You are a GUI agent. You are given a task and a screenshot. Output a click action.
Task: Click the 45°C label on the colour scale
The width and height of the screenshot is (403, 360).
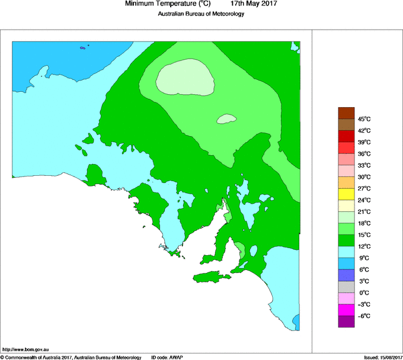(364, 119)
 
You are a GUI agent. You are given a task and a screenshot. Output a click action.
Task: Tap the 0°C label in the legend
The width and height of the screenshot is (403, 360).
(364, 293)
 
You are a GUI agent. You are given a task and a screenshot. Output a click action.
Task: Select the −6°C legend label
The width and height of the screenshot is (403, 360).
(364, 316)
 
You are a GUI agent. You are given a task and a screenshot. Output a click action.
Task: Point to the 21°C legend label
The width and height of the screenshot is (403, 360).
(364, 212)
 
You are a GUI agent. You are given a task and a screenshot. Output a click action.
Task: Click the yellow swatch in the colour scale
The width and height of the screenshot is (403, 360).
(346, 194)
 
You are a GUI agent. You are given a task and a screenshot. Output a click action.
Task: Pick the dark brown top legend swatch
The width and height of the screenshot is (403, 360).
(346, 112)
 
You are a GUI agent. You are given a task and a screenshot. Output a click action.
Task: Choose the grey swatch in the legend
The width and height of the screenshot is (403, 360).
(346, 287)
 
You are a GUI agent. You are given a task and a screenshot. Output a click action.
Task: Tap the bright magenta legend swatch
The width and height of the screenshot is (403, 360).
(346, 310)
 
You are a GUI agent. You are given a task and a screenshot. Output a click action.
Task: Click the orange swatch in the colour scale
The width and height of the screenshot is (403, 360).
(346, 182)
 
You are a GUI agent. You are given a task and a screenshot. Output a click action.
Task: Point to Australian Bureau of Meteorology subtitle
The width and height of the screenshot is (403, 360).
(201, 14)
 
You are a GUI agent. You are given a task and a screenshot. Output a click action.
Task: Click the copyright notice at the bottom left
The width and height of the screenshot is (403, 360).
(71, 357)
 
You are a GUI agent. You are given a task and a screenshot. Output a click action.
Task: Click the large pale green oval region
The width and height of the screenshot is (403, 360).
(185, 79)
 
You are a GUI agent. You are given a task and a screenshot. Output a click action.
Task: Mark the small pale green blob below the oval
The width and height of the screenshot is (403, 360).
(226, 119)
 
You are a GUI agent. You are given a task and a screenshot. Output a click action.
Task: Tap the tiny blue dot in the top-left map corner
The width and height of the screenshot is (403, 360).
(88, 46)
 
